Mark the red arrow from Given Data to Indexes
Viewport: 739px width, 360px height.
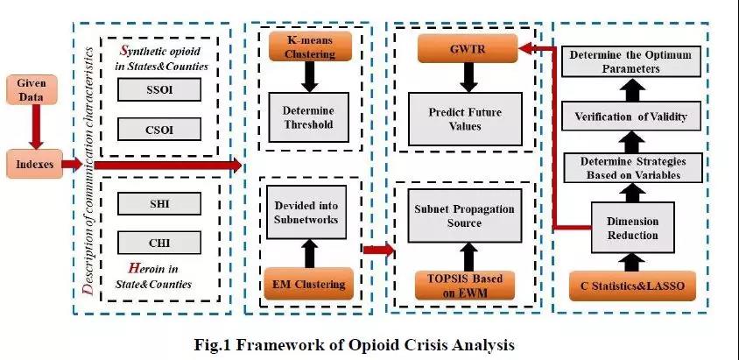pyautogui.click(x=34, y=126)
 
